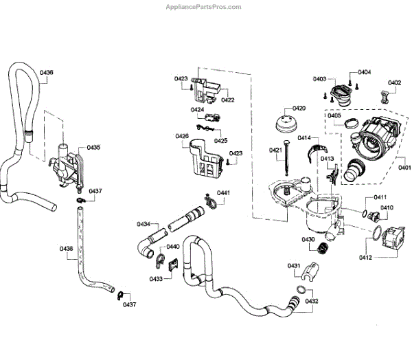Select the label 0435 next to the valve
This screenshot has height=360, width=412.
click(x=93, y=147)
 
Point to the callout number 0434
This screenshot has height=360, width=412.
click(x=144, y=225)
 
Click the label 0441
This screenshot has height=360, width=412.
click(x=223, y=193)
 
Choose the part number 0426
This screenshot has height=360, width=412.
click(x=182, y=136)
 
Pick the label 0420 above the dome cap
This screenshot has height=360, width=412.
click(x=299, y=109)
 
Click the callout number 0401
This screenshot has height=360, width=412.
click(x=404, y=166)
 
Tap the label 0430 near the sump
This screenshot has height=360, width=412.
click(x=308, y=239)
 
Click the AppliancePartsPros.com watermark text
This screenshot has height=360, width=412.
click(x=205, y=7)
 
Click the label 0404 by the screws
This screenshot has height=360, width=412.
click(x=364, y=71)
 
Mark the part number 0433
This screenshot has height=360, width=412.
click(x=157, y=279)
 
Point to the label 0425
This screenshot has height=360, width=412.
click(x=220, y=140)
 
